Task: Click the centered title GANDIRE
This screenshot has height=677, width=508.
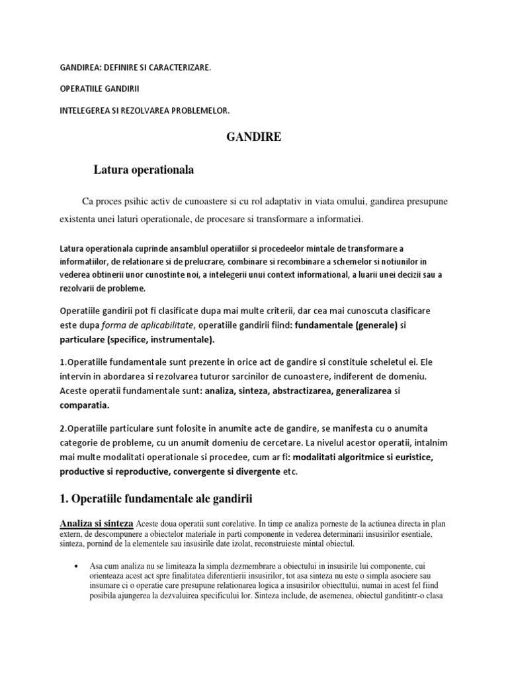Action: pos(253,138)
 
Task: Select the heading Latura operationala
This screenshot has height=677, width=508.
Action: pos(143,170)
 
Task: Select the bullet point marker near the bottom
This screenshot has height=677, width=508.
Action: pos(79,567)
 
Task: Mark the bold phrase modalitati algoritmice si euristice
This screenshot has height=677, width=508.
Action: pos(372,457)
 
